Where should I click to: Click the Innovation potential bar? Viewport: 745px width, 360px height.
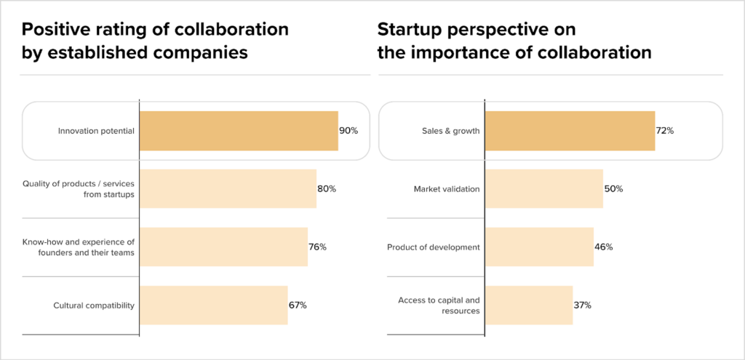click(x=239, y=131)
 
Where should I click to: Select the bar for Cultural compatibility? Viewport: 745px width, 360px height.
click(x=213, y=305)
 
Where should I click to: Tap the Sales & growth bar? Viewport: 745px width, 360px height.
click(x=570, y=131)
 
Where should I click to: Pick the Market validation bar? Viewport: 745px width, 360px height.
click(x=543, y=189)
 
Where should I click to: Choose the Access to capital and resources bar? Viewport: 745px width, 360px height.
click(x=529, y=305)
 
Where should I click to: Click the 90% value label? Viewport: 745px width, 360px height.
click(x=348, y=131)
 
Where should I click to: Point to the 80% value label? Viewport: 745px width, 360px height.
click(x=327, y=189)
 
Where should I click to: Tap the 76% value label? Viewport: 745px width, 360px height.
click(x=317, y=247)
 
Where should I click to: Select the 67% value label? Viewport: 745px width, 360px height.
click(x=298, y=305)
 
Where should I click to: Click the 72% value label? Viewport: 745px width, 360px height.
click(x=665, y=131)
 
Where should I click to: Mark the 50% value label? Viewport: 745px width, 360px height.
click(x=613, y=189)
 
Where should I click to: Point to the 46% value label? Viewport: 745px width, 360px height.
click(x=604, y=247)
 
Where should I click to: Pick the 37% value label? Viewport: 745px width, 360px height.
click(x=582, y=305)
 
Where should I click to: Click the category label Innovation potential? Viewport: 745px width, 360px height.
click(x=96, y=131)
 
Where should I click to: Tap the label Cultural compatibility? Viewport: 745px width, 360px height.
click(x=94, y=305)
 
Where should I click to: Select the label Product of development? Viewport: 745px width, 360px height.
click(x=434, y=247)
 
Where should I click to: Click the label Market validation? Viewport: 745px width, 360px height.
click(x=447, y=189)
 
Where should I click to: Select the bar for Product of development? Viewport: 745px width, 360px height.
click(x=539, y=247)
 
